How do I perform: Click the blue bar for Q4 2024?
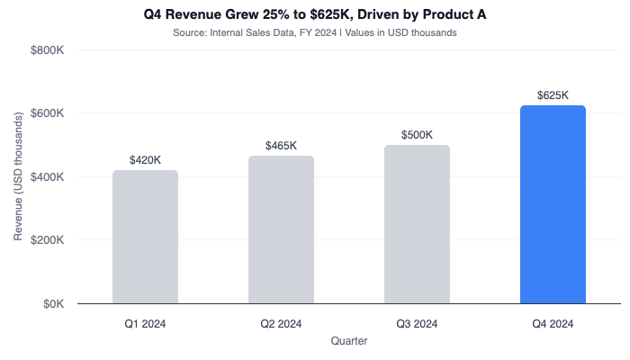553,205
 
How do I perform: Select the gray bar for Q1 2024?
145,238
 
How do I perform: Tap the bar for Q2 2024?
281,230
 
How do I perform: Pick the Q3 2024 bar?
417,225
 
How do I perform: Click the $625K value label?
553,94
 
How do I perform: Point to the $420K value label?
145,160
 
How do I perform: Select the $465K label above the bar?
281,146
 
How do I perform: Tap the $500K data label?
417,135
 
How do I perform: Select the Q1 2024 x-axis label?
145,323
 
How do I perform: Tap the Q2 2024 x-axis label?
281,323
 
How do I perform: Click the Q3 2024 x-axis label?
417,323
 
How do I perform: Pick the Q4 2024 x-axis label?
553,323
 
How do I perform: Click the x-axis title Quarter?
348,341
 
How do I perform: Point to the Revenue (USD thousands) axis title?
18,177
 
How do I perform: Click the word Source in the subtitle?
189,33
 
